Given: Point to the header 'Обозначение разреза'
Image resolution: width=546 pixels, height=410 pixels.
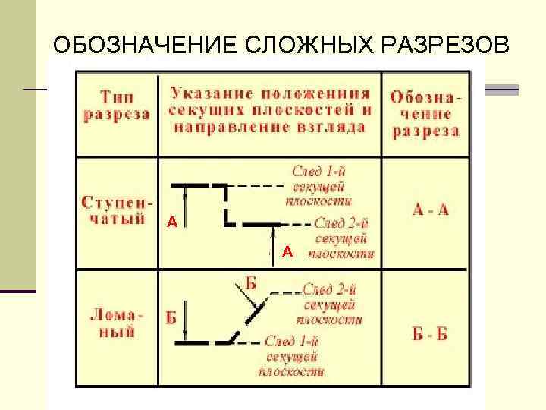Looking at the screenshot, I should [425, 114].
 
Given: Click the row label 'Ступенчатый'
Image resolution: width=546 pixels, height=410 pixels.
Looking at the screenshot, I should [117, 211].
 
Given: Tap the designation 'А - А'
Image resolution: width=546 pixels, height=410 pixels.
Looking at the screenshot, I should [431, 210].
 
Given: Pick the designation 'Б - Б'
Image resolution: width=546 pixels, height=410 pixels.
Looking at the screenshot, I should [429, 335].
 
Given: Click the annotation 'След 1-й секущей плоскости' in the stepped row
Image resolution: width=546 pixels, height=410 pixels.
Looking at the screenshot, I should [318, 184].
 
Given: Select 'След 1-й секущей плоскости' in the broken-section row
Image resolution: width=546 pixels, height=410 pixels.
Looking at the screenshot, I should [292, 356].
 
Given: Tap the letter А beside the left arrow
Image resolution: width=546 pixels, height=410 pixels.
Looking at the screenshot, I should [172, 222].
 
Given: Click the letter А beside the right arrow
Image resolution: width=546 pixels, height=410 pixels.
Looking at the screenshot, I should [287, 251].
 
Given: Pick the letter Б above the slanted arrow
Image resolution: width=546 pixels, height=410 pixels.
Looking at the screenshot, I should [251, 285].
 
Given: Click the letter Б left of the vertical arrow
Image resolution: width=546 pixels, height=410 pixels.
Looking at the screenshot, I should [171, 318].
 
